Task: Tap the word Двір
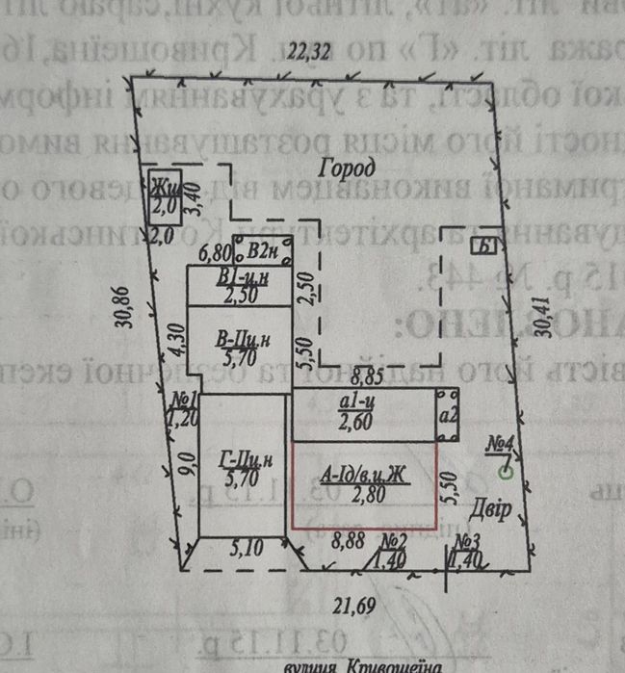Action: [491, 509]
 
